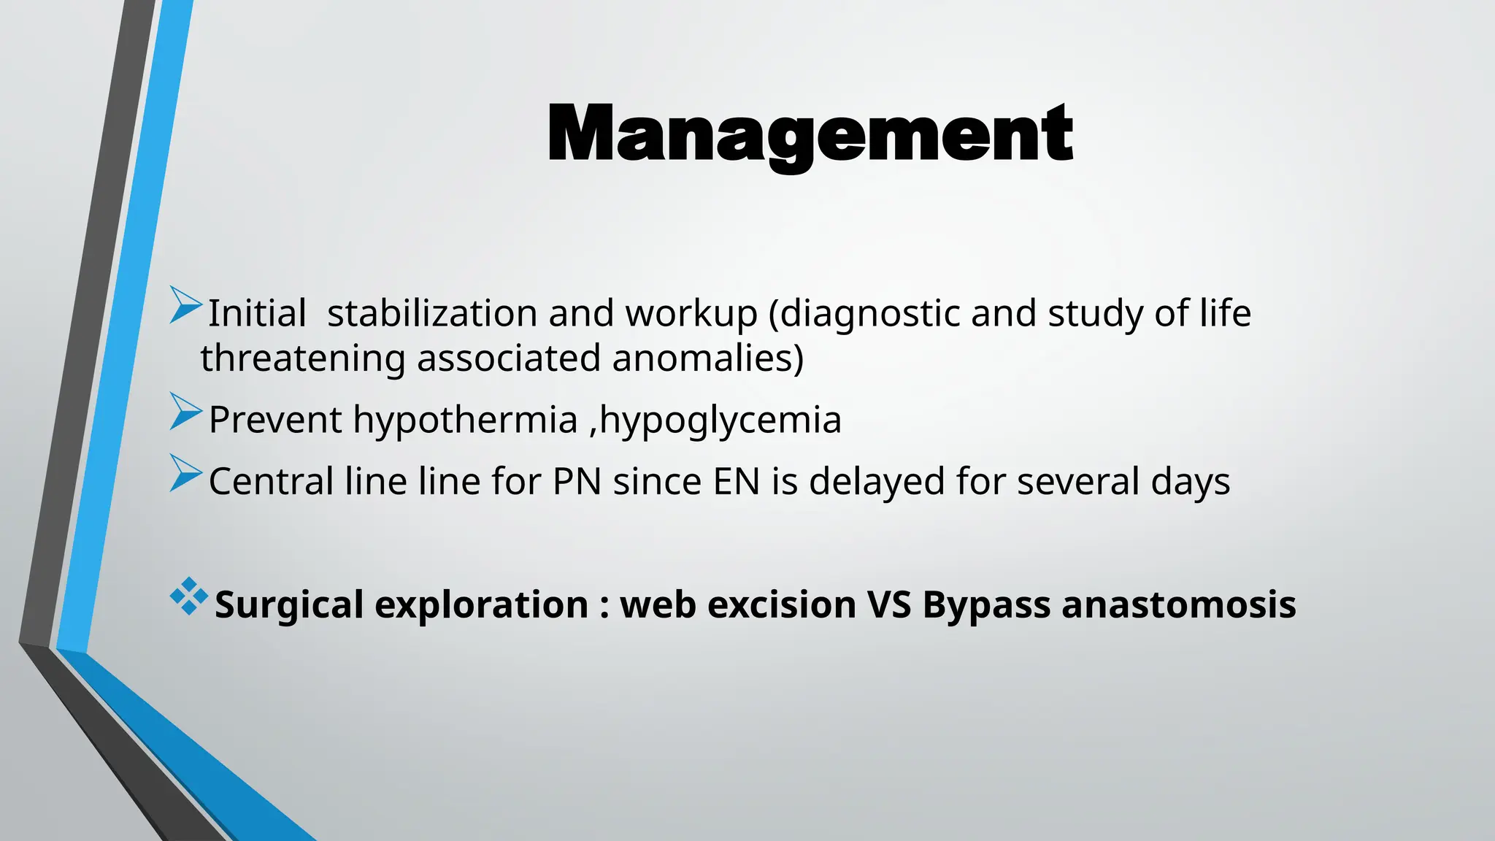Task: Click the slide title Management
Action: [810, 134]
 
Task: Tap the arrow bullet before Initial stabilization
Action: [185, 305]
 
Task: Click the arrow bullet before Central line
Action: [185, 473]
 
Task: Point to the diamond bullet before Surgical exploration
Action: [188, 596]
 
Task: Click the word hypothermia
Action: [465, 420]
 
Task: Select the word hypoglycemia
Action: [720, 420]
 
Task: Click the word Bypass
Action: [986, 605]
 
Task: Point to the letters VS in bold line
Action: [889, 605]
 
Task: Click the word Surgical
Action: [288, 605]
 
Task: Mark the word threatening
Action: [303, 359]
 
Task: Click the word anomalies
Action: [707, 359]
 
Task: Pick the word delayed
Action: [877, 482]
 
